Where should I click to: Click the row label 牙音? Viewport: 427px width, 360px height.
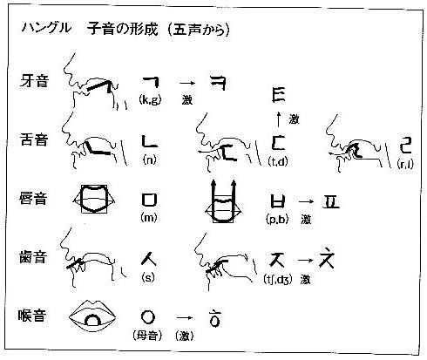pyautogui.click(x=34, y=80)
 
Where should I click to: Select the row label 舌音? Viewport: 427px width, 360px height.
pyautogui.click(x=34, y=139)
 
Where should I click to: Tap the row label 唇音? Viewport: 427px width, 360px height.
pyautogui.click(x=33, y=199)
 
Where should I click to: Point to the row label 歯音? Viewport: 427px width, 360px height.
pyautogui.click(x=33, y=257)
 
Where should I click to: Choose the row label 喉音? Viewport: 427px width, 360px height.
pyautogui.click(x=32, y=315)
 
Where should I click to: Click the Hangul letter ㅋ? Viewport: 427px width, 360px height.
pyautogui.click(x=219, y=83)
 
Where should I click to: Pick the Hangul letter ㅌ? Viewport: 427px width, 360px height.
pyautogui.click(x=279, y=94)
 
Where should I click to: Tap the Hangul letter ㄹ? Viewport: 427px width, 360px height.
pyautogui.click(x=405, y=145)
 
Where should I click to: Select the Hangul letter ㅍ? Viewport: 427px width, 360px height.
pyautogui.click(x=331, y=201)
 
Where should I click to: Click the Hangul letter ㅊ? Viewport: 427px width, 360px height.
pyautogui.click(x=327, y=259)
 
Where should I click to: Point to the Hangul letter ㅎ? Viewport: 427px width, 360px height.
pyautogui.click(x=215, y=318)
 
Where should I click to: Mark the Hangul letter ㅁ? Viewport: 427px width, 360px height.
pyautogui.click(x=150, y=200)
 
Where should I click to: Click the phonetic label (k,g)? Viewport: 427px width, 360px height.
pyautogui.click(x=150, y=99)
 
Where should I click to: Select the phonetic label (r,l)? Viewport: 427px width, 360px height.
pyautogui.click(x=405, y=164)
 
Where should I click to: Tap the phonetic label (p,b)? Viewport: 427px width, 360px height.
pyautogui.click(x=277, y=220)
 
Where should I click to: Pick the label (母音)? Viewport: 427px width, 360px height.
pyautogui.click(x=147, y=336)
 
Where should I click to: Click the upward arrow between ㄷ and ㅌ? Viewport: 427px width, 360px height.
pyautogui.click(x=279, y=119)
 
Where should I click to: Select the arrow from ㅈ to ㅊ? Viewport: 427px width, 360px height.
pyautogui.click(x=305, y=260)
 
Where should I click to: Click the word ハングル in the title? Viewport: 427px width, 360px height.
pyautogui.click(x=46, y=28)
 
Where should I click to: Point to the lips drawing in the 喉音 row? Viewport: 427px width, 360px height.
pyautogui.click(x=92, y=316)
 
